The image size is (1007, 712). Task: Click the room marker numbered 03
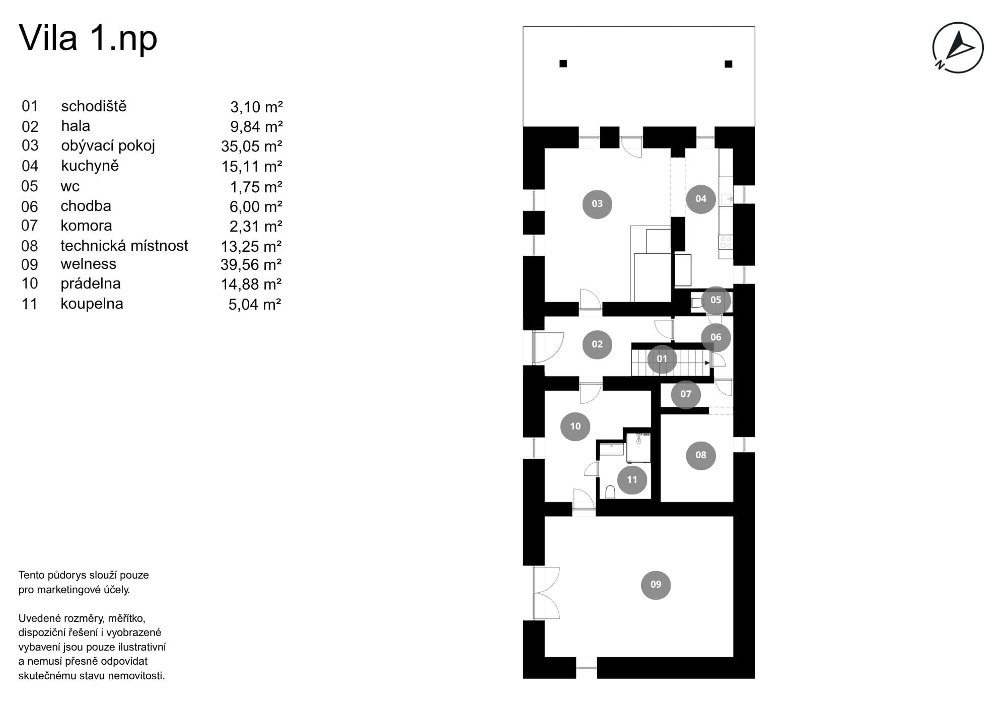(597, 203)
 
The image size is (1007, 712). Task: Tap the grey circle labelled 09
(656, 584)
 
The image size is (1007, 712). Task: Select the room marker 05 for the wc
(715, 300)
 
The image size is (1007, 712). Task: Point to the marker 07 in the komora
(686, 394)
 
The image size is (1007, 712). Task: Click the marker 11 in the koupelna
(632, 479)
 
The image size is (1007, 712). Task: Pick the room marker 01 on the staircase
(662, 359)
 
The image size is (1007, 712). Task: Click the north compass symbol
(958, 47)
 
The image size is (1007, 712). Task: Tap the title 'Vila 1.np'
(88, 38)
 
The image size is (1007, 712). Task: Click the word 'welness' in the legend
(88, 264)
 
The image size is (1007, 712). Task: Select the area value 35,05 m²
(252, 146)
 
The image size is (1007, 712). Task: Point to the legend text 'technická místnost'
(124, 245)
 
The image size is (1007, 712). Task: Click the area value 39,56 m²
(251, 264)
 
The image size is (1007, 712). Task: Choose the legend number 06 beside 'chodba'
(30, 206)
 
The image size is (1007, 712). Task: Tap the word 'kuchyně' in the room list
(90, 166)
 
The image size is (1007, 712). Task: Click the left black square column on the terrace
(563, 63)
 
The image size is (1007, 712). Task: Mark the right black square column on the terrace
(728, 64)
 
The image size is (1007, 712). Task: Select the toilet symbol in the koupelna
(610, 492)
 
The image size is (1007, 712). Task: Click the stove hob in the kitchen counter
(726, 242)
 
